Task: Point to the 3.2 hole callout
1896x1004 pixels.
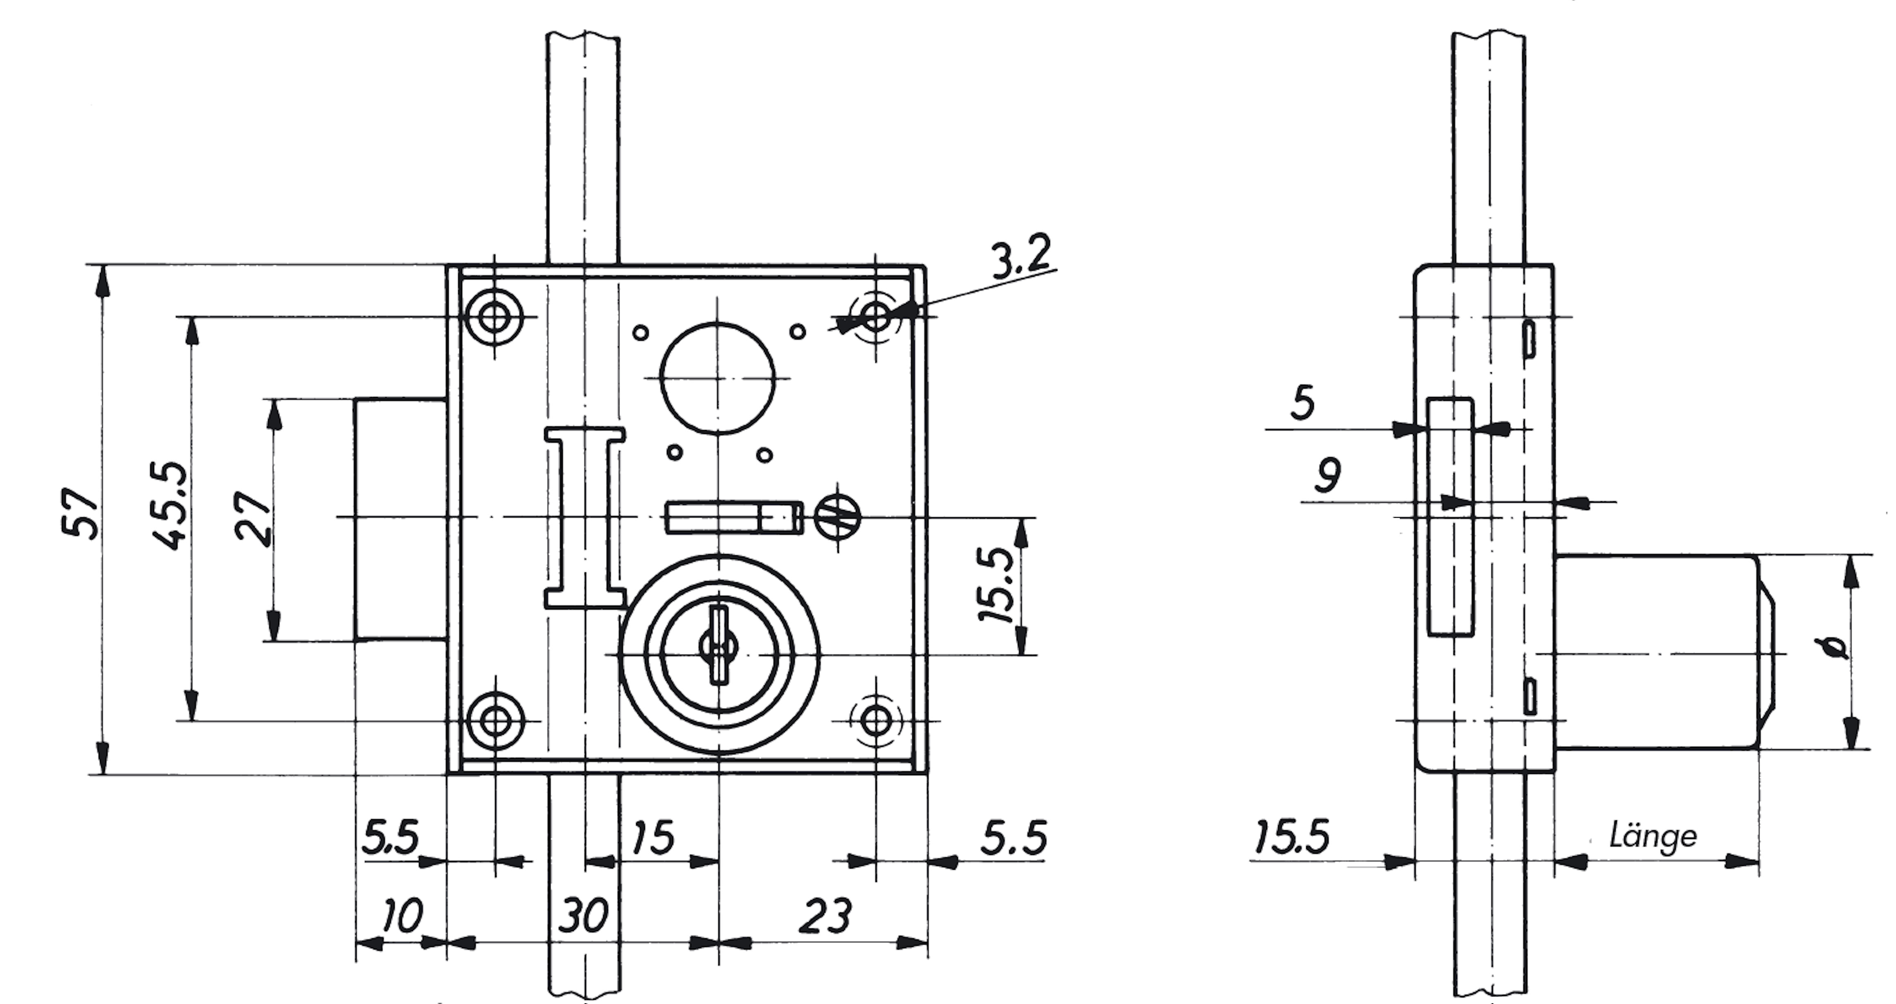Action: pos(1021,257)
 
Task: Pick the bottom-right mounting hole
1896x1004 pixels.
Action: pos(876,720)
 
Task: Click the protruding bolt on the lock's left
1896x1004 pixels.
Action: pos(401,519)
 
